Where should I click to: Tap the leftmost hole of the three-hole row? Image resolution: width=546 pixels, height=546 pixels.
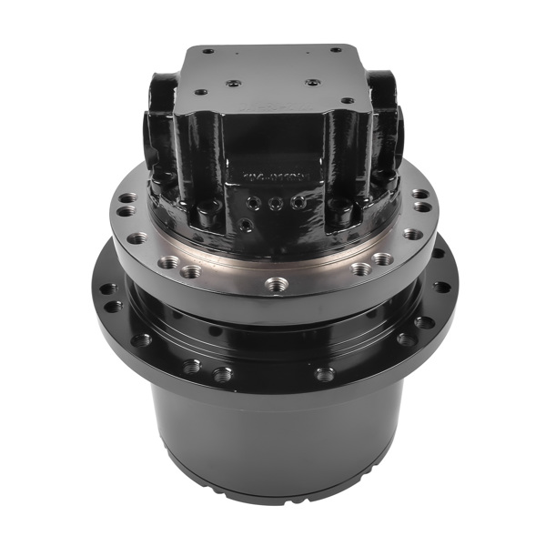coord(256,203)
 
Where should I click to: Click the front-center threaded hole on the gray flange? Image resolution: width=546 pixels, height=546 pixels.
coord(276,285)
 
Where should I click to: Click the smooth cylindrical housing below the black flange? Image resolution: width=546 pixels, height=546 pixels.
coord(273,428)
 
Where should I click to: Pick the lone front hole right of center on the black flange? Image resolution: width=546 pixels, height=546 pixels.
coord(324,373)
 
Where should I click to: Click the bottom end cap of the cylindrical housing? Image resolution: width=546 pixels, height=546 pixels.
coord(273,491)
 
